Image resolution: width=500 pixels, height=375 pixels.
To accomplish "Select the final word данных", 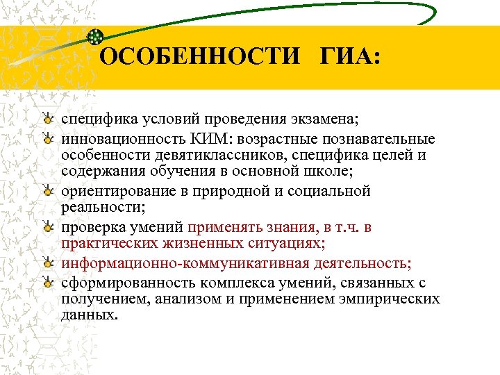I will (89, 314).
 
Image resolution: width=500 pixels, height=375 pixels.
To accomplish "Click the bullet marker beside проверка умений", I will (47, 226).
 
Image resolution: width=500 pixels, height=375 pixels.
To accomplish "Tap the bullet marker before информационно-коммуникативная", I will (47, 263).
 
